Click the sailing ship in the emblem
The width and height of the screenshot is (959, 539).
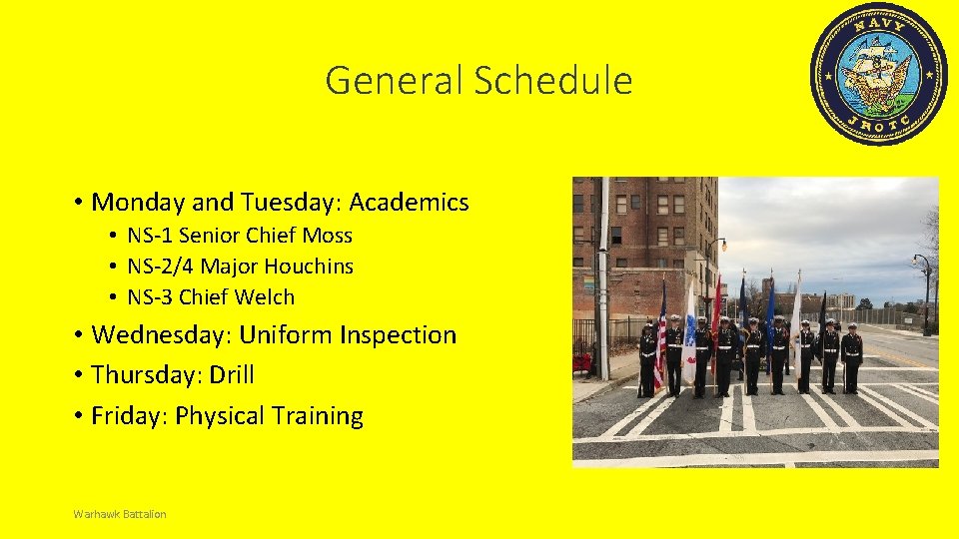pos(876,73)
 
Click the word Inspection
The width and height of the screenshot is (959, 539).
pos(398,335)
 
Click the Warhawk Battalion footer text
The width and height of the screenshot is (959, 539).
pos(120,514)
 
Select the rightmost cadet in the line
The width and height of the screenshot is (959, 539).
pos(851,356)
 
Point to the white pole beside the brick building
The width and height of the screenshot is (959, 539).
pos(603,279)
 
